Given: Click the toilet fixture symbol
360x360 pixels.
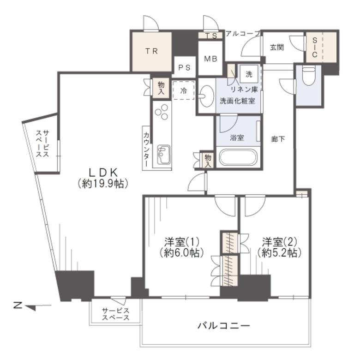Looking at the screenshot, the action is point(308,76).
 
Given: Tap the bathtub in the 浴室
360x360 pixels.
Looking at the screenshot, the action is point(238,157).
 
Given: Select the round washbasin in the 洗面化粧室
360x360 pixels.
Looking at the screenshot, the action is point(206,96).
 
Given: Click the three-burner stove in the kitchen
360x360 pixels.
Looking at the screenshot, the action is point(162,112).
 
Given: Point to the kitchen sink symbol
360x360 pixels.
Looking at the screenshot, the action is point(164,154).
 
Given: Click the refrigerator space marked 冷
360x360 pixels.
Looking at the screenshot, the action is point(183,90).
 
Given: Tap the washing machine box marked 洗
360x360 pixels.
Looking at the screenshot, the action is point(249,74).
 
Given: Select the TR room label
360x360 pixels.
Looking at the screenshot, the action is point(151,51).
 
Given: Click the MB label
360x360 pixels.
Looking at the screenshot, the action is point(210,59).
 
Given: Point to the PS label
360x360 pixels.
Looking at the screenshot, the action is point(184,67).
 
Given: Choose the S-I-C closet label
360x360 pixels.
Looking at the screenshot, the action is point(315,47).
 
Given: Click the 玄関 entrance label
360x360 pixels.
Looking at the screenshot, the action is point(277,48).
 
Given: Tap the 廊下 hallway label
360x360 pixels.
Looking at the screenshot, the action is point(278,139).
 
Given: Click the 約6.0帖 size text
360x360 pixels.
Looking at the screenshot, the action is point(181,253).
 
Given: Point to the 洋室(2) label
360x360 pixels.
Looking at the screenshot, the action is point(279,241).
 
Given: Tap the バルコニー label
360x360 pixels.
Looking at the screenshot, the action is point(224,325).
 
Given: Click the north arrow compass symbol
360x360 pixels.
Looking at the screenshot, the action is point(32,306).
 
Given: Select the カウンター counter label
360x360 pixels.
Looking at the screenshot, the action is point(146,150).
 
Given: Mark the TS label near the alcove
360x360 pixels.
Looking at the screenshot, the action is point(211,36).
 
